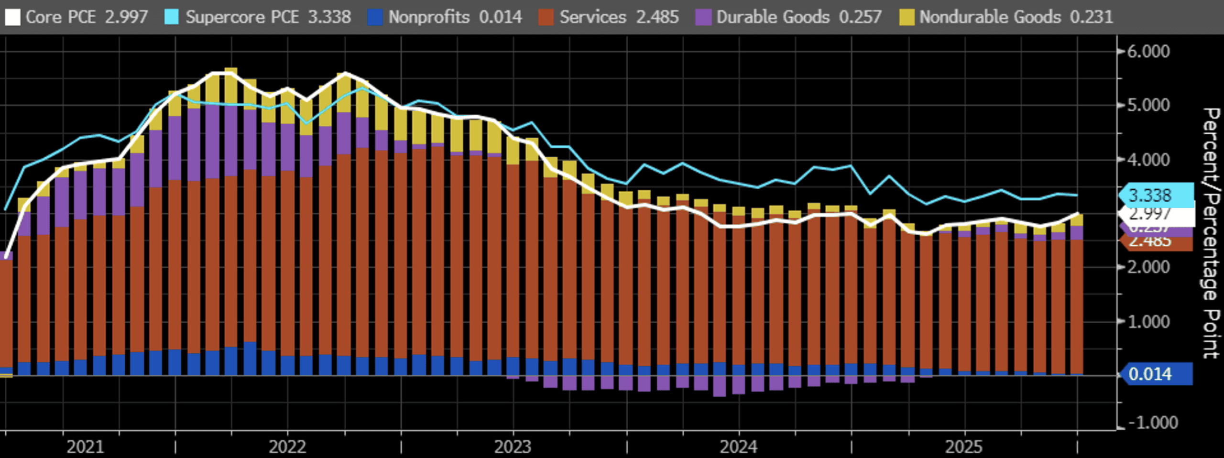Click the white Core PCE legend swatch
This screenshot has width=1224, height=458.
click(x=13, y=17)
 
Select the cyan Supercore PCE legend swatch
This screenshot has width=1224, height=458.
click(x=171, y=17)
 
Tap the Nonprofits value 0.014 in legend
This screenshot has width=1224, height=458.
click(x=500, y=17)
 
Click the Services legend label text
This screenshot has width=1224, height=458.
click(x=593, y=17)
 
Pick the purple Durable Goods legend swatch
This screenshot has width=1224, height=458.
click(x=703, y=17)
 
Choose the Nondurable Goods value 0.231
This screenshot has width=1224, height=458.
click(x=1091, y=17)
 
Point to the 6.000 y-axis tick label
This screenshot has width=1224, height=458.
click(x=1148, y=52)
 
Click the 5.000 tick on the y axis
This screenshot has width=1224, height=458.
click(x=1148, y=105)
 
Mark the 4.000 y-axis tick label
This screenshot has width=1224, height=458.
click(x=1148, y=160)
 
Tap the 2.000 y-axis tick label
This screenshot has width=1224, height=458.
click(x=1148, y=267)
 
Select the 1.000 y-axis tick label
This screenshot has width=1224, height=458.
click(x=1148, y=321)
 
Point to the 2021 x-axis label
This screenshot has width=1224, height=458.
click(x=85, y=447)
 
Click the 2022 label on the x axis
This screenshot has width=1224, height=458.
click(x=287, y=447)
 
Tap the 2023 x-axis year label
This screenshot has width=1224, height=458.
click(x=513, y=447)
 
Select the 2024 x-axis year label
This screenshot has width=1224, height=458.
click(x=738, y=447)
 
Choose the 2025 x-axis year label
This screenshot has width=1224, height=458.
click(x=964, y=447)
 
